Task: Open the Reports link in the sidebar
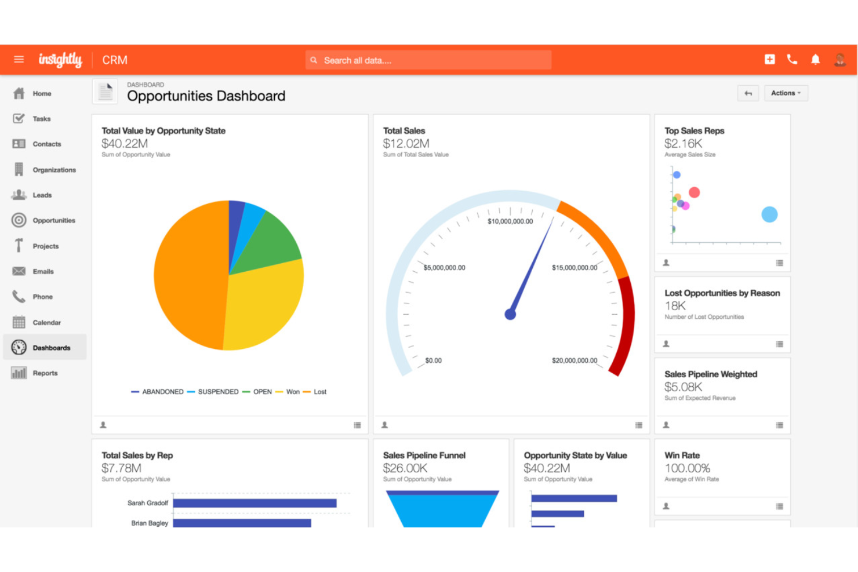coord(45,373)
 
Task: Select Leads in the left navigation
coord(42,195)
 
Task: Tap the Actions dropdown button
coord(786,93)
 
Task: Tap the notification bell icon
coord(815,60)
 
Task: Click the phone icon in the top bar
coord(792,60)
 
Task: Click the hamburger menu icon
coord(19,60)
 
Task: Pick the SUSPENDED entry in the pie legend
coord(217,392)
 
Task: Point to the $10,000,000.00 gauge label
coord(510,221)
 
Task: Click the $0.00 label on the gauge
coord(433,360)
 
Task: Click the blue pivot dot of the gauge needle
coord(510,315)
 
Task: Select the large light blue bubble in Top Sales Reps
coord(769,214)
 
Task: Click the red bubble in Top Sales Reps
coord(694,192)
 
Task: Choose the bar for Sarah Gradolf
coord(255,503)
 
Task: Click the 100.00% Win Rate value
coord(687,468)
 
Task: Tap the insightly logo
coord(60,60)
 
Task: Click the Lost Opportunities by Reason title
coord(722,293)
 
